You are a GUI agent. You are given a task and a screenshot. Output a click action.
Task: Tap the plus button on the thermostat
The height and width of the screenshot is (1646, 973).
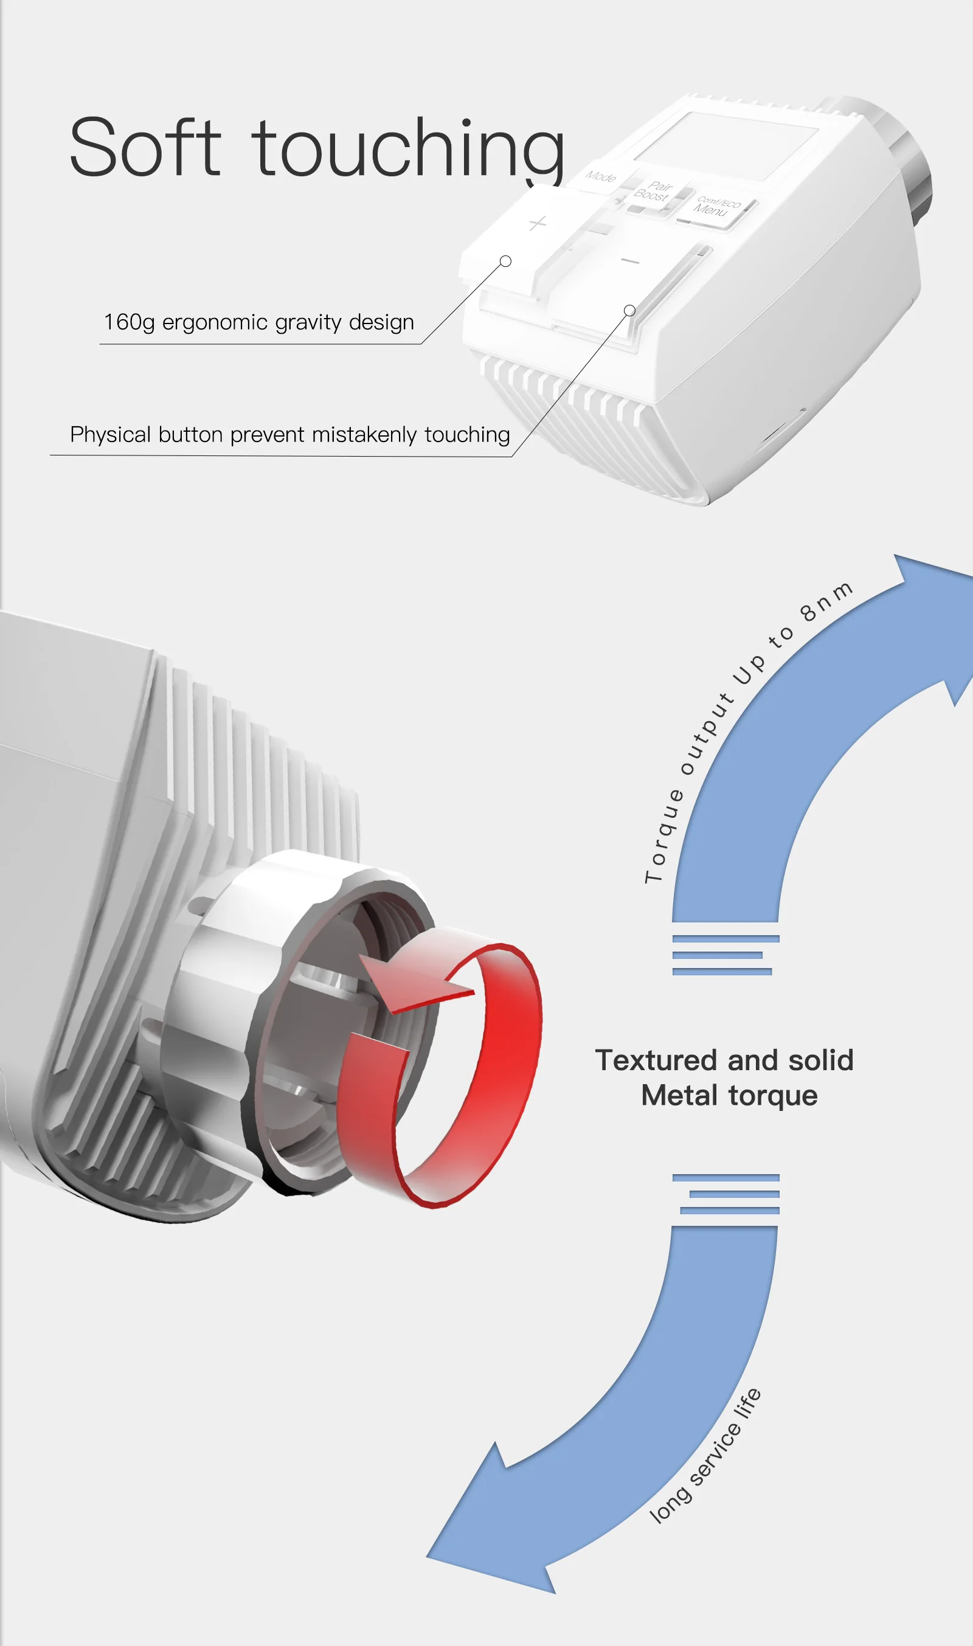pos(537,224)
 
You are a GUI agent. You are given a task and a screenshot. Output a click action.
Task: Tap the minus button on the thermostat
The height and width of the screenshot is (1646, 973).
pos(629,261)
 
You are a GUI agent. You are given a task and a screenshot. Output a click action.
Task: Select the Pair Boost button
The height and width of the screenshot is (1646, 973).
pos(653,192)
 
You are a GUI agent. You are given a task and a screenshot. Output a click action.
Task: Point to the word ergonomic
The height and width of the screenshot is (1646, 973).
pos(215,322)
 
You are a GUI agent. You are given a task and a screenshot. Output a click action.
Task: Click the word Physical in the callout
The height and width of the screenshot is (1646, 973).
pos(110,435)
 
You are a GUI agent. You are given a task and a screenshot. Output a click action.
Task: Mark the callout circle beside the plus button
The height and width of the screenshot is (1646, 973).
pos(505,261)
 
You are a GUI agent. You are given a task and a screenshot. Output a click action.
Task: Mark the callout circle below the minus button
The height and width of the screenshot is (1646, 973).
pos(629,311)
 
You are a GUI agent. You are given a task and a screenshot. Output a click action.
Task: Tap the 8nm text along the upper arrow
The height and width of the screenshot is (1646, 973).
pos(826,600)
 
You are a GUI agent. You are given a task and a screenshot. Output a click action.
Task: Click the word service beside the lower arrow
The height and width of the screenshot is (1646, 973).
pos(716,1449)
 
